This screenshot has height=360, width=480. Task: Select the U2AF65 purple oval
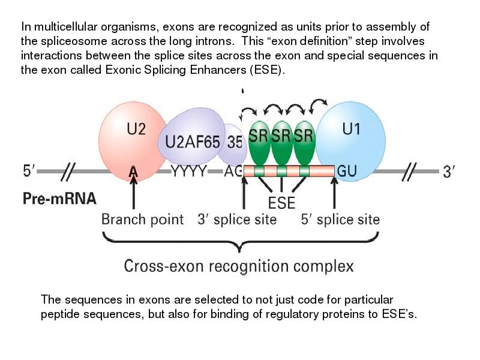(191, 140)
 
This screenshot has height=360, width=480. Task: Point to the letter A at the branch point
(133, 172)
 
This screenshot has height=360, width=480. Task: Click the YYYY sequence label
(190, 172)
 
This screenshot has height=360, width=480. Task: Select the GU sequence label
(347, 172)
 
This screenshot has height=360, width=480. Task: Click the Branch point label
(142, 219)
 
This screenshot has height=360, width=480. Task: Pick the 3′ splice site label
(237, 219)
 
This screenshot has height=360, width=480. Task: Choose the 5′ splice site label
(340, 219)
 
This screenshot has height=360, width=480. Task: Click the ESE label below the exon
(281, 203)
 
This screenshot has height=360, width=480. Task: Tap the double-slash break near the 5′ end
(67, 172)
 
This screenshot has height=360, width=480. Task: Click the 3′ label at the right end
(450, 172)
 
